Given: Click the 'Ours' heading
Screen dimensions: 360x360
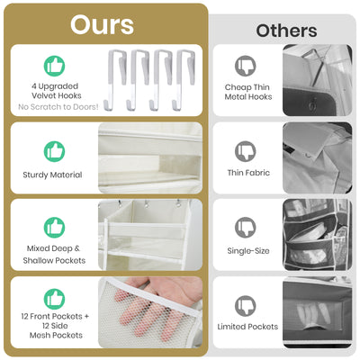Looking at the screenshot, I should click(x=102, y=24).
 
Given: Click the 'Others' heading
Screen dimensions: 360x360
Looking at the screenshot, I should click(x=286, y=31).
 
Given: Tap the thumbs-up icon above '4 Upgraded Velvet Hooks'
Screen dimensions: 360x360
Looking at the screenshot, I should click(x=54, y=65).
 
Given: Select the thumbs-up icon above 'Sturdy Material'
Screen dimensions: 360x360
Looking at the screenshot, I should click(x=54, y=150).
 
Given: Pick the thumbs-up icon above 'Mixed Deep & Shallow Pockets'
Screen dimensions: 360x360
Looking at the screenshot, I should click(x=54, y=227).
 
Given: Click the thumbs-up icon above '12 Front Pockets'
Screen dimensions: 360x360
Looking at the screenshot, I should click(x=54, y=298).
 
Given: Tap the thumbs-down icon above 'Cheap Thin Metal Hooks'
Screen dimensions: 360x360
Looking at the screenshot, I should click(x=246, y=66).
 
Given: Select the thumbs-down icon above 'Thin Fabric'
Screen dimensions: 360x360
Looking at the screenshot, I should click(x=246, y=150).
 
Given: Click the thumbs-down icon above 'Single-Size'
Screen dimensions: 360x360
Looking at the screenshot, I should click(x=246, y=227).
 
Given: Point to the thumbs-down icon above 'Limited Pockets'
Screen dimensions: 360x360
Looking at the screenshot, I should click(x=246, y=305).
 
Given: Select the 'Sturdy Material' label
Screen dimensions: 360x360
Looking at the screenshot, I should click(x=53, y=175).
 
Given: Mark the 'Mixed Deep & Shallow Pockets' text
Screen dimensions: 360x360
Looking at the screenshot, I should click(x=54, y=254).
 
